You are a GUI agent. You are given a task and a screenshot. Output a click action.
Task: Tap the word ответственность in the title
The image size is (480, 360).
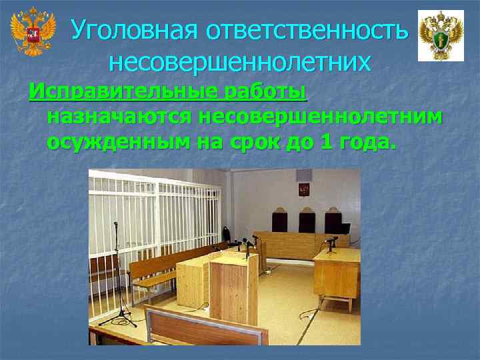pyautogui.click(x=303, y=30)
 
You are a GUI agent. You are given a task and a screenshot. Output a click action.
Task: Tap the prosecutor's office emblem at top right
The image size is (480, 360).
pyautogui.click(x=441, y=35)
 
